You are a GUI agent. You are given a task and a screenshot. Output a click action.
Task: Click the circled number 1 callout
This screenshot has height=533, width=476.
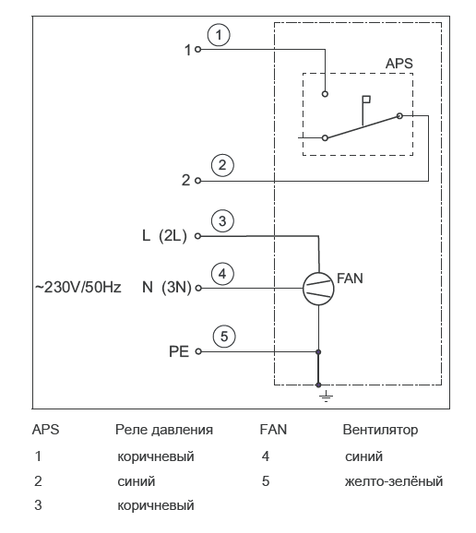click(219, 35)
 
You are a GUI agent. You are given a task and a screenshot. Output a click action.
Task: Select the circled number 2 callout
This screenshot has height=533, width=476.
click(222, 165)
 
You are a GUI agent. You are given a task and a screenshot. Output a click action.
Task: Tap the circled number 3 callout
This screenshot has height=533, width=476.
click(222, 221)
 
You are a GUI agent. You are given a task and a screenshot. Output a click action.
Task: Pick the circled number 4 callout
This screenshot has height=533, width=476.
click(222, 274)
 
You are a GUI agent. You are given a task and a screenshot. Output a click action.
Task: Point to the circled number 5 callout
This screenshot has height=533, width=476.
click(224, 337)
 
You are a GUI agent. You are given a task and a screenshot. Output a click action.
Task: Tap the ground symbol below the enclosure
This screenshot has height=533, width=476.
click(326, 397)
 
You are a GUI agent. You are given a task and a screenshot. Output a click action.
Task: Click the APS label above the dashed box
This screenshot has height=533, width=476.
click(399, 64)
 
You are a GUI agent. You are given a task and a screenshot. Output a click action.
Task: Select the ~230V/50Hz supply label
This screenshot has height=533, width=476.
click(77, 288)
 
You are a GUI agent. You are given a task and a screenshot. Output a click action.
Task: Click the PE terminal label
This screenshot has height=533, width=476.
click(179, 351)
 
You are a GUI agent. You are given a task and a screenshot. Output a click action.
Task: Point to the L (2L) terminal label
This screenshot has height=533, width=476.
click(164, 235)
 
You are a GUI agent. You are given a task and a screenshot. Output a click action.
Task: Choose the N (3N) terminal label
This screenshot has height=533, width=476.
click(167, 288)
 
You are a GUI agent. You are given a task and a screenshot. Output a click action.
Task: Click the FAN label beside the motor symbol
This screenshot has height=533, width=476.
click(350, 278)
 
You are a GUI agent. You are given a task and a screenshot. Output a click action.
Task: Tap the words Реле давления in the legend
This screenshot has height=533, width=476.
click(164, 430)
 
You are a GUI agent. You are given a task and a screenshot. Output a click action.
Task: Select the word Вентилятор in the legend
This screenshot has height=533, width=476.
click(380, 430)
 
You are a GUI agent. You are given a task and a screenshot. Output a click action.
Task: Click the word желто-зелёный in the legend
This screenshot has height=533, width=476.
click(394, 481)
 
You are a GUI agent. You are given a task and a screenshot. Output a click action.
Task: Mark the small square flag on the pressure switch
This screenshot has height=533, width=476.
click(366, 100)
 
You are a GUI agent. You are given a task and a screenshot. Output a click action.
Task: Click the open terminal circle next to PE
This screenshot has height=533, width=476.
click(198, 351)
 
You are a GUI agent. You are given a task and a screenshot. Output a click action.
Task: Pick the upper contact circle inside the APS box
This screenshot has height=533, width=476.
click(325, 94)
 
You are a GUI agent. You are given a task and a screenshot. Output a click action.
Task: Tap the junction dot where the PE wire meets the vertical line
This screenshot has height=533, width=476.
click(318, 352)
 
